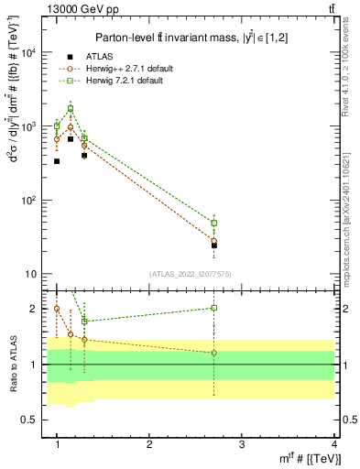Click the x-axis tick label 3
click(241, 444)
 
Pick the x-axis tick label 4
click(334, 444)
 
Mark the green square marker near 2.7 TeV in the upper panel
click(214, 223)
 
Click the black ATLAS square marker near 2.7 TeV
click(214, 245)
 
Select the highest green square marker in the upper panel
click(71, 109)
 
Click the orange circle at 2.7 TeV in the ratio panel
click(214, 353)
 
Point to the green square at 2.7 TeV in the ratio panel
click(214, 308)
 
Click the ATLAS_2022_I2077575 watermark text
click(191, 274)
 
